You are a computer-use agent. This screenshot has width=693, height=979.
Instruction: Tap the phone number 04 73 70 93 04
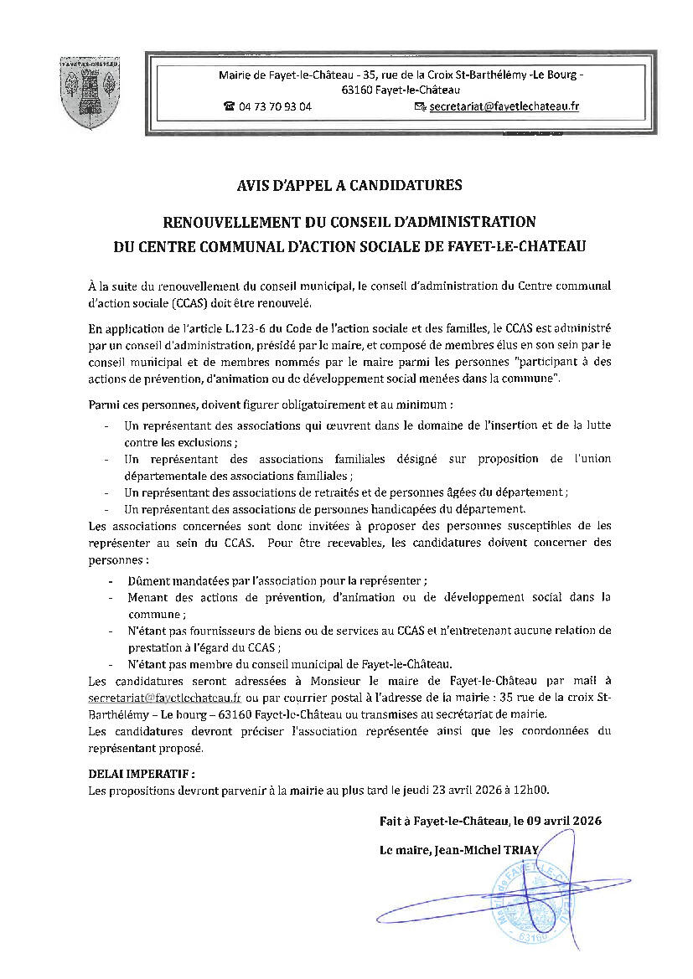pyautogui.click(x=275, y=107)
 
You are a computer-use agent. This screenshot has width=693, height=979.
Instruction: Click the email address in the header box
pyautogui.click(x=504, y=107)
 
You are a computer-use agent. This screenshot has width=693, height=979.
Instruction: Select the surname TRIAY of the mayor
pyautogui.click(x=525, y=850)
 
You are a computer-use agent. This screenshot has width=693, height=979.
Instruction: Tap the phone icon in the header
pyautogui.click(x=229, y=107)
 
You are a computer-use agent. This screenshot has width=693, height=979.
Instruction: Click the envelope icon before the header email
pyautogui.click(x=420, y=107)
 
